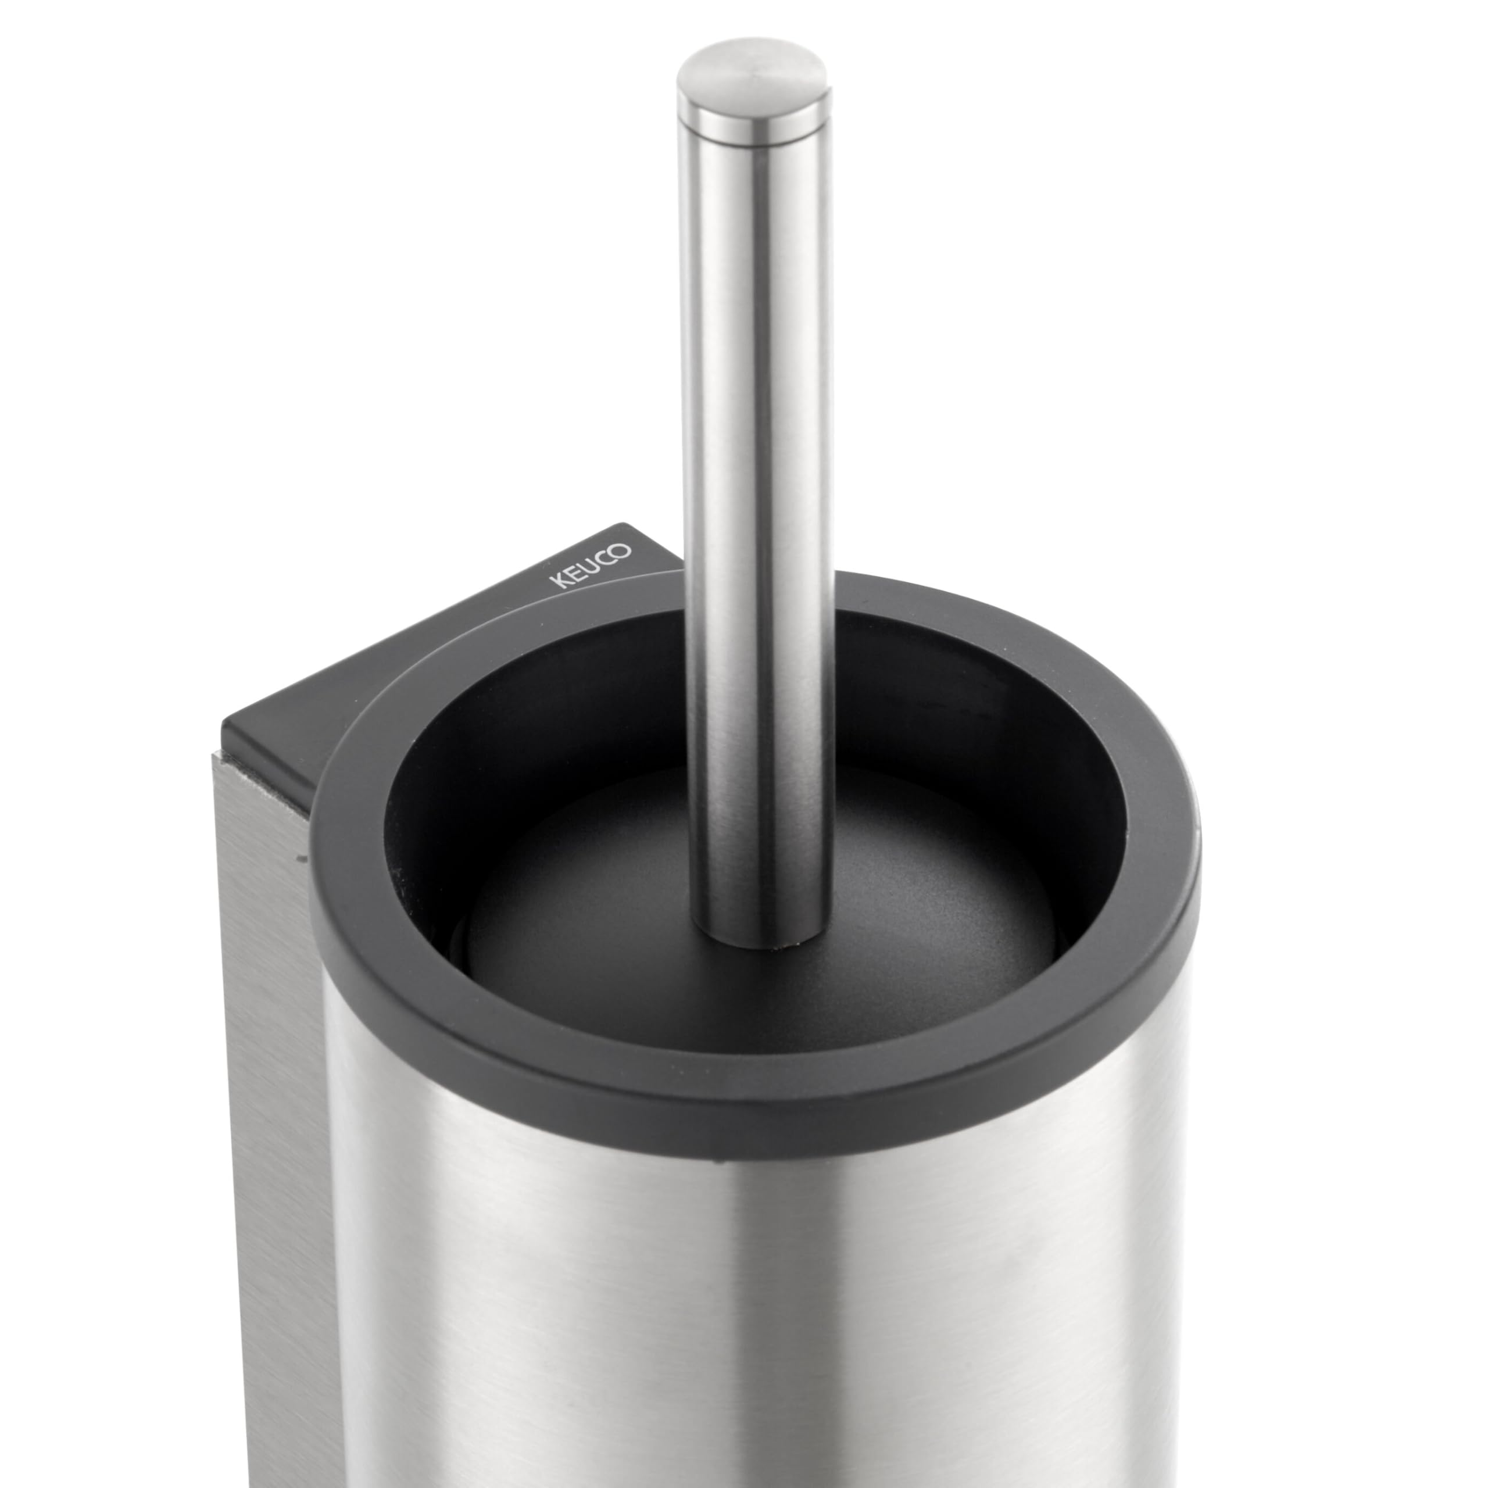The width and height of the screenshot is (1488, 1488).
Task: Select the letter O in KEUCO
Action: tap(623, 550)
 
